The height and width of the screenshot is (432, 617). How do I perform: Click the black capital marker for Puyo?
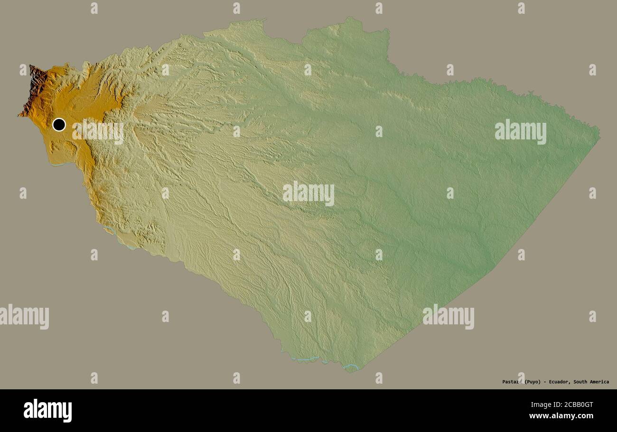(x=59, y=125)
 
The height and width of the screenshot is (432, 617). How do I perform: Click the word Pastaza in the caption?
(x=512, y=382)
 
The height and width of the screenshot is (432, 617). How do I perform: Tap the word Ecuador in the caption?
(x=560, y=382)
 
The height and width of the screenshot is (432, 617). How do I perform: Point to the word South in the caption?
(x=582, y=382)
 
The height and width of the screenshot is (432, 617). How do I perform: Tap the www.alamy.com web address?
(x=561, y=416)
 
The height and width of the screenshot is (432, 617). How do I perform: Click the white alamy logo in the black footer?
(x=47, y=411)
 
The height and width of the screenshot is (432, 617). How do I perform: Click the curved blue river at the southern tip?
(x=350, y=366)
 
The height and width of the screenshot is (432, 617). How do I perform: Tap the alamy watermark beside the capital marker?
(x=98, y=132)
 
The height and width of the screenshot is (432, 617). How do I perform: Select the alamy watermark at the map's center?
(x=308, y=193)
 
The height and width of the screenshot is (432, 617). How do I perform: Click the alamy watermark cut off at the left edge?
(x=24, y=317)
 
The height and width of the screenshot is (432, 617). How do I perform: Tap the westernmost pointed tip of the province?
(x=19, y=115)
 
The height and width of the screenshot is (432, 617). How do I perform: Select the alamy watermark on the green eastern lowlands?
(x=520, y=132)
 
